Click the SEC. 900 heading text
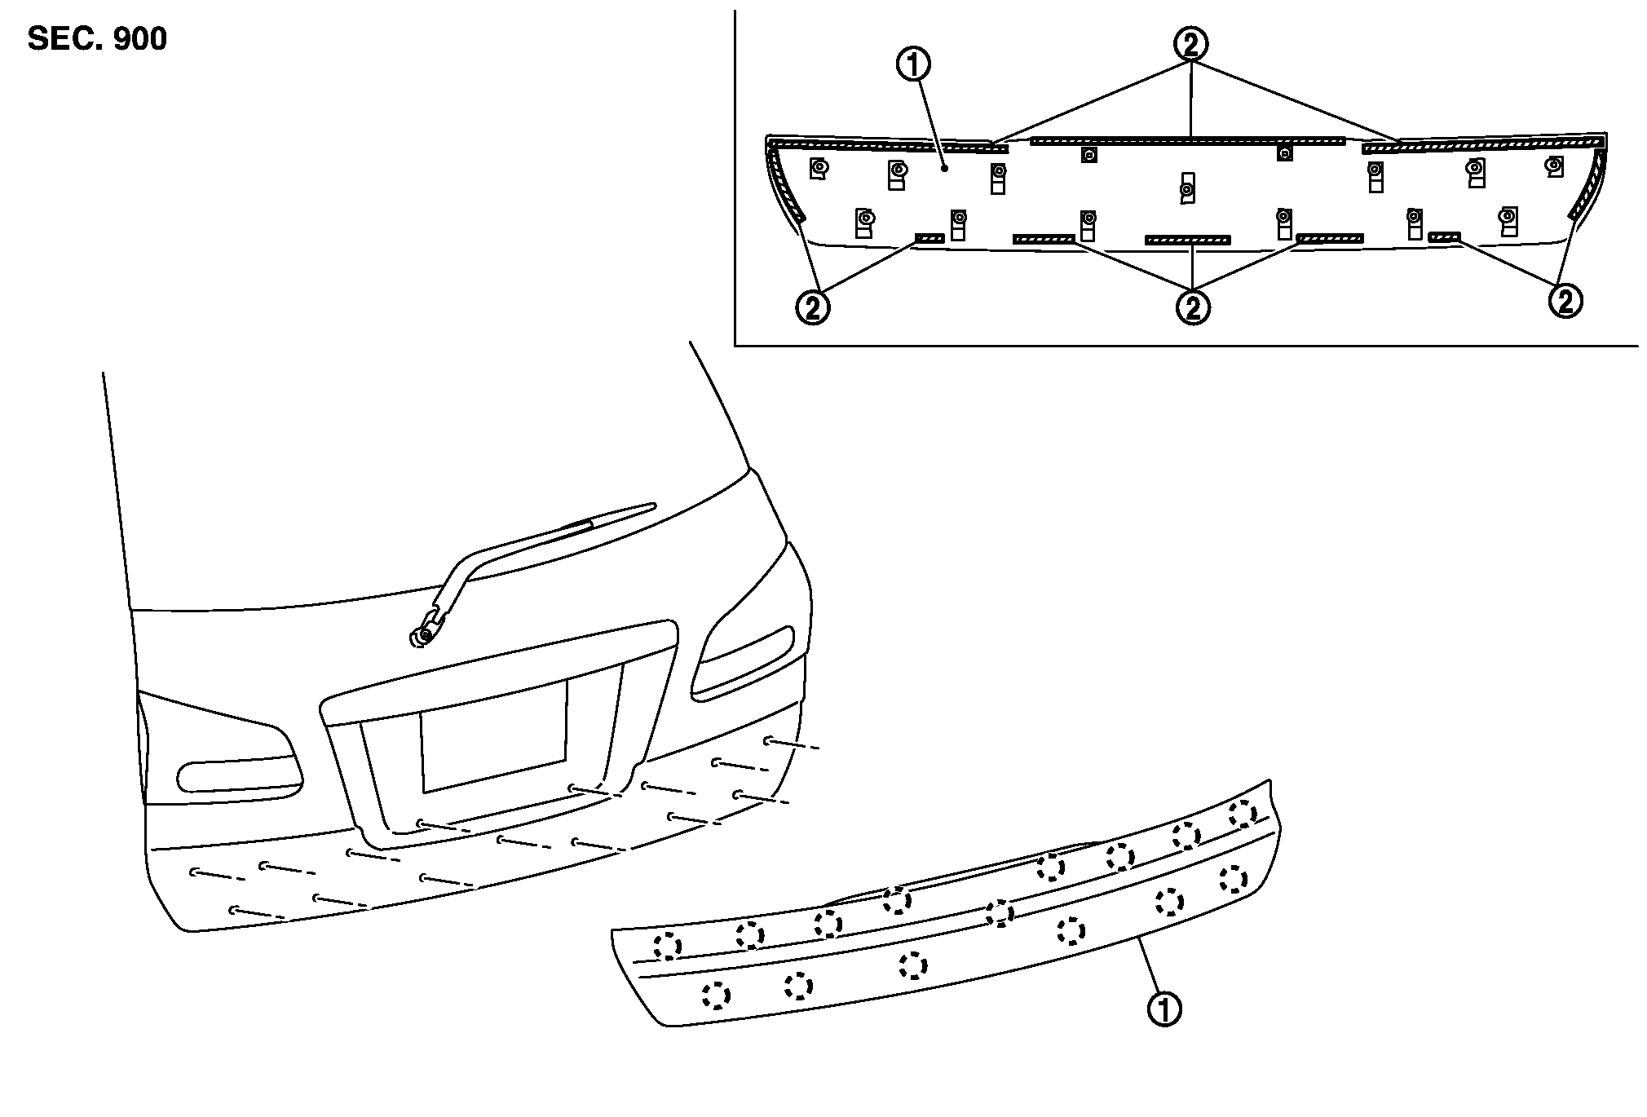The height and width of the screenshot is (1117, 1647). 97,39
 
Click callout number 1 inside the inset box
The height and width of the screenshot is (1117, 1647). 913,64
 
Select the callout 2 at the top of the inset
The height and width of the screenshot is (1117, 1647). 1191,43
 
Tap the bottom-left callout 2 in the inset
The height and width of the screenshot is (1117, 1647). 813,307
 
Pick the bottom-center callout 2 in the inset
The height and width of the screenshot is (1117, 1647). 1192,307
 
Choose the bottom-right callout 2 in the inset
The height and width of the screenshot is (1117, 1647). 1565,301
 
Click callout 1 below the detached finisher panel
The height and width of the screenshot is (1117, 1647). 1164,1009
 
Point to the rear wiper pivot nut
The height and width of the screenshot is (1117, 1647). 423,637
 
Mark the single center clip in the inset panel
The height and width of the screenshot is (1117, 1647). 1187,188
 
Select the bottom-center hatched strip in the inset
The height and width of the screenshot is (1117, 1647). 1187,241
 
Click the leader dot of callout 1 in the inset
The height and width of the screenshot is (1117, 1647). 943,169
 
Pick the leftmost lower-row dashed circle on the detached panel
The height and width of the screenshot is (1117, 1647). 716,995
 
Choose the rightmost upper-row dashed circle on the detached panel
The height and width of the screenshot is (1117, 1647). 1242,813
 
